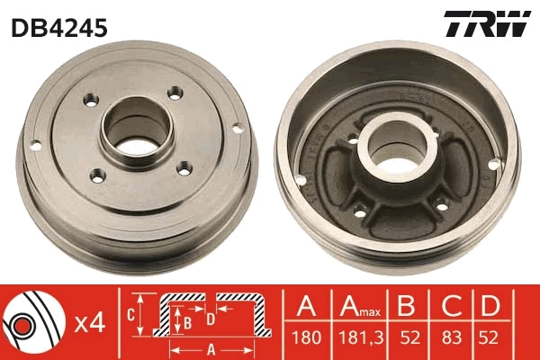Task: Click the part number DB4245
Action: [59, 28]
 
